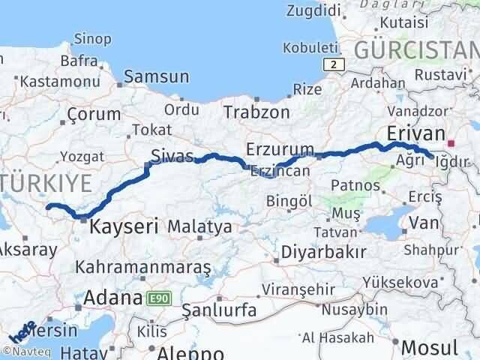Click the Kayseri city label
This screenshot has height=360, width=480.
click(x=124, y=225)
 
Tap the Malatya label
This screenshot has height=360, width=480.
click(x=199, y=226)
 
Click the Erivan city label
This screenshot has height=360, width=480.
click(x=416, y=133)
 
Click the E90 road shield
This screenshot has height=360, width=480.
click(x=158, y=298)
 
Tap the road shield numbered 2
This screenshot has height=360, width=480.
click(x=337, y=65)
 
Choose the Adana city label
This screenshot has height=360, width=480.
click(x=112, y=298)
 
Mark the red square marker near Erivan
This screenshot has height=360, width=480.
click(x=451, y=142)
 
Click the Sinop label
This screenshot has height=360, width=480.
click(x=94, y=37)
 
